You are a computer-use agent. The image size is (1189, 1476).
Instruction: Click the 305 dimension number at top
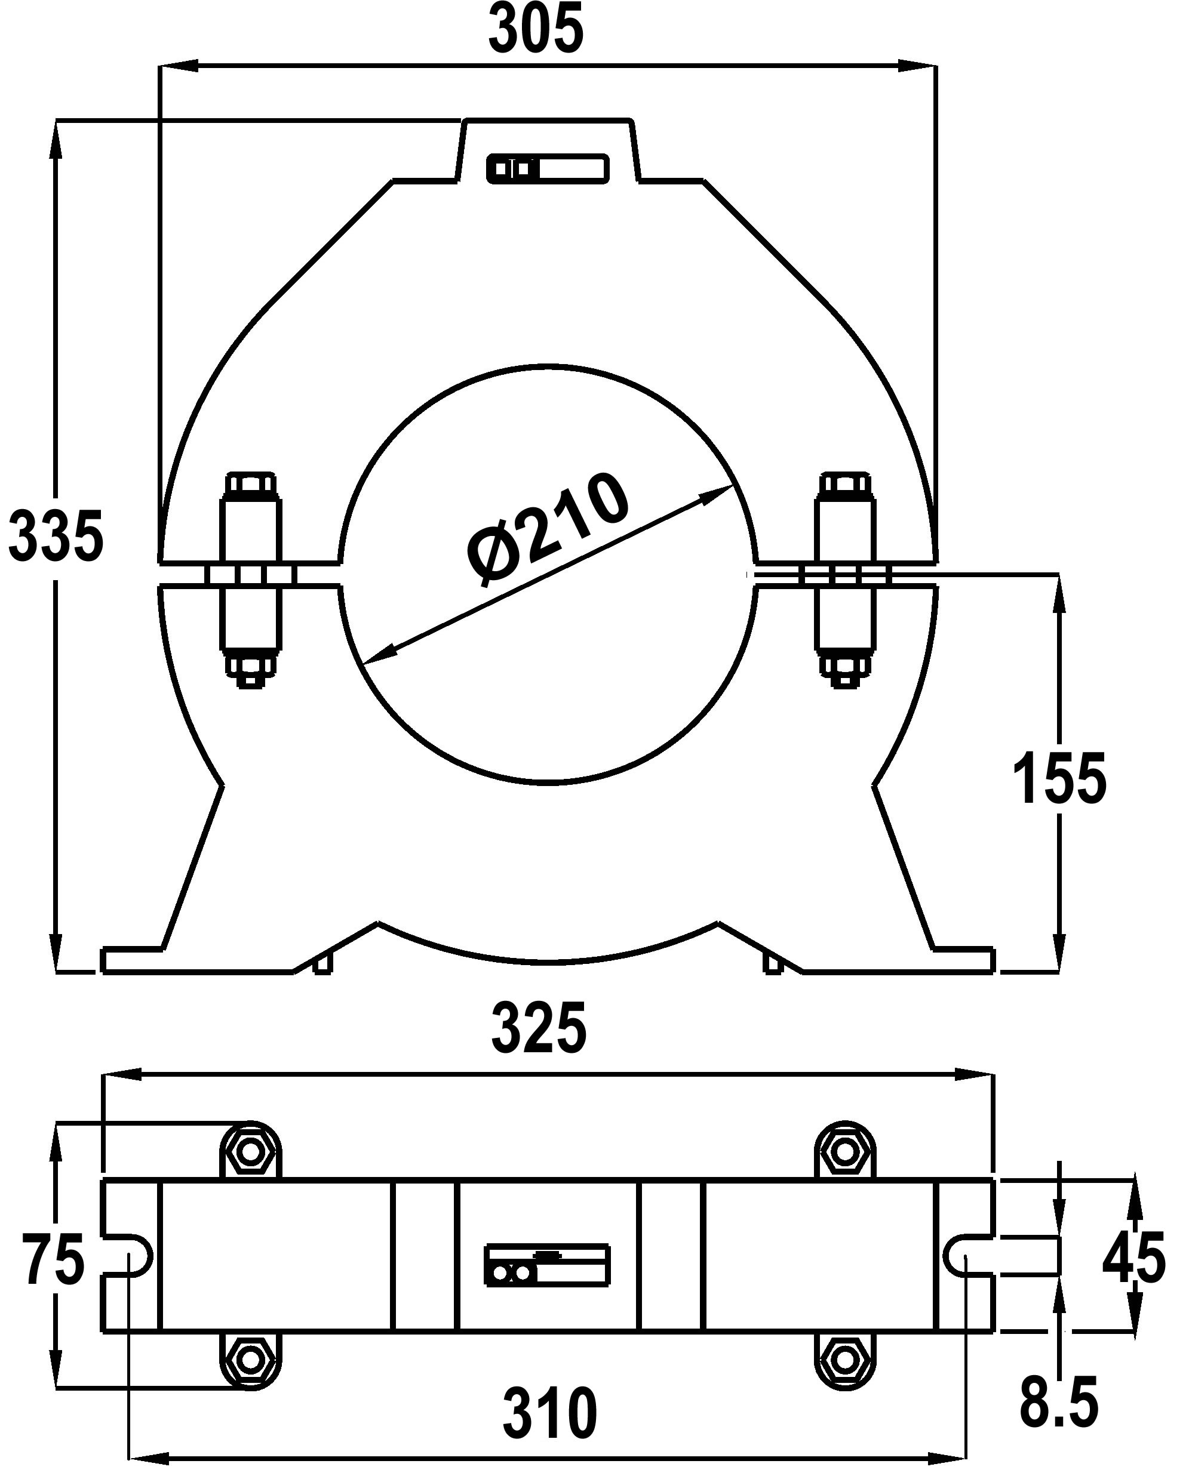[536, 29]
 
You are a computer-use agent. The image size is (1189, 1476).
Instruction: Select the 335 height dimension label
[56, 535]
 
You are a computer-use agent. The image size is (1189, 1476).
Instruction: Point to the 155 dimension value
[1059, 778]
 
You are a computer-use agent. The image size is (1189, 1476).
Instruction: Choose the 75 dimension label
[53, 1258]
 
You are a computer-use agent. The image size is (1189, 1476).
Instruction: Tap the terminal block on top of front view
[548, 168]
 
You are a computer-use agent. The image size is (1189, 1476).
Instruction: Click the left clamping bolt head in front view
[251, 485]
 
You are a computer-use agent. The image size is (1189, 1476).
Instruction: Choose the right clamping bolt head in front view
[845, 485]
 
